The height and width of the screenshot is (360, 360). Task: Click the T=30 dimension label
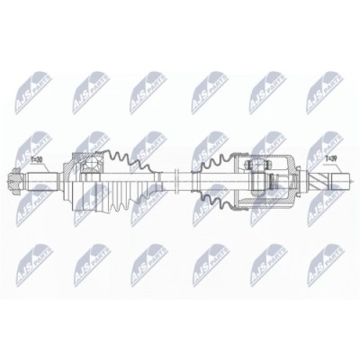coord(37,161)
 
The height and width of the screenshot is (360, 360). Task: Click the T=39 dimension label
coord(330,161)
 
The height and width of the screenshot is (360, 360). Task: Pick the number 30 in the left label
coord(40,161)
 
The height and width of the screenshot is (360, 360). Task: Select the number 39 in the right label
coord(334,161)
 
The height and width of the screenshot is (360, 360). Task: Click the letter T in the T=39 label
coord(324,161)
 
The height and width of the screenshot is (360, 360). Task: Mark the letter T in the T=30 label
coord(31,161)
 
